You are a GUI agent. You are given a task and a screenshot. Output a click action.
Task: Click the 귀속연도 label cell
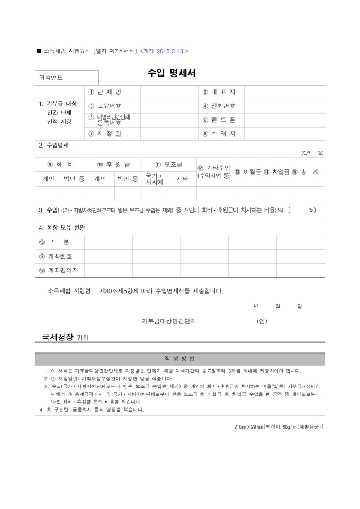click(x=51, y=78)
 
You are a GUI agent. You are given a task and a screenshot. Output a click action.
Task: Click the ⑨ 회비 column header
click(x=60, y=165)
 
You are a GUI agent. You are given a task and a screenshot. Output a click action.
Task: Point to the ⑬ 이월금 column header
click(x=248, y=171)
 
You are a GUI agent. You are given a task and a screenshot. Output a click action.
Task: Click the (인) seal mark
click(x=262, y=321)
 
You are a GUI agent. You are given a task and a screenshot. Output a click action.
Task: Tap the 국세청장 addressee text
click(x=58, y=337)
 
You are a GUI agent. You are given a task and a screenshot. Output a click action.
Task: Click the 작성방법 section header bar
click(x=180, y=359)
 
